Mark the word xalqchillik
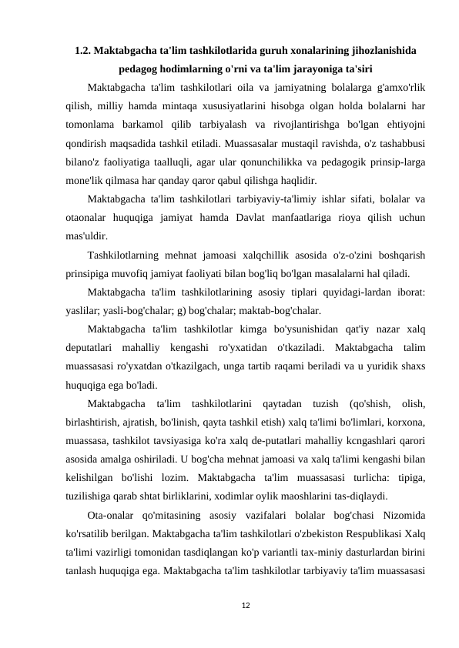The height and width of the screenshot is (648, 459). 280,255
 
